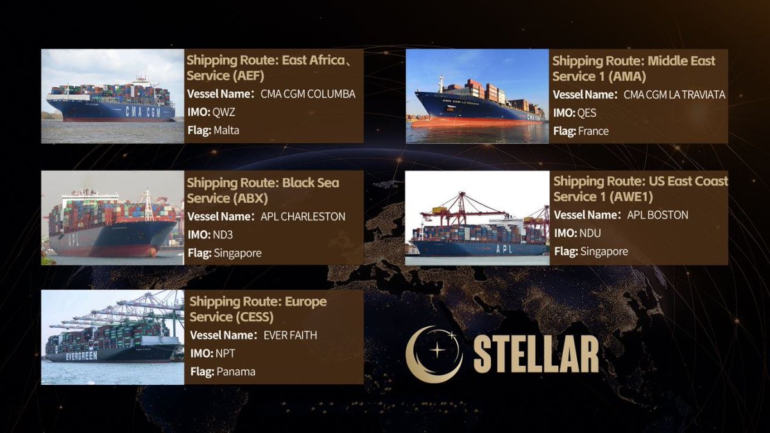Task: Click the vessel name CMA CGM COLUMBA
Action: tap(307, 94)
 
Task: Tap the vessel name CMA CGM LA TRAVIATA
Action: tap(674, 95)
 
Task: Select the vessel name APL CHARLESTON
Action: tap(303, 217)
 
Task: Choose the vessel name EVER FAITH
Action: tap(290, 335)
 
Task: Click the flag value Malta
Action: tap(227, 131)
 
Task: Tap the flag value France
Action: tap(594, 132)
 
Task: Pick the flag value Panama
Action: tap(235, 371)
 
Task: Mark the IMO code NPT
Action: tap(225, 353)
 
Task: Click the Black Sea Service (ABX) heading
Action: tap(263, 191)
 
